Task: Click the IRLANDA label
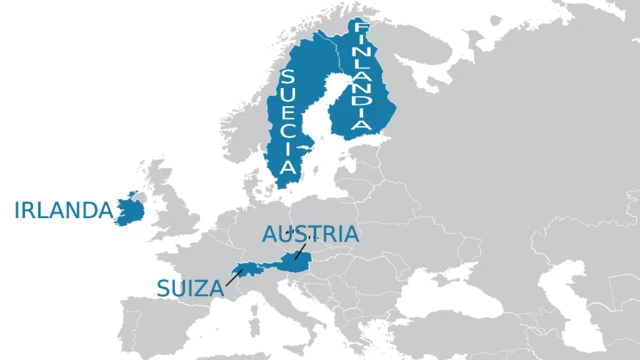tap(63, 210)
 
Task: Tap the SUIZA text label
tap(189, 288)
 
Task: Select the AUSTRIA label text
tap(310, 235)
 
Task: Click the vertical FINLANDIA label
tap(361, 75)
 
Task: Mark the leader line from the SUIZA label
tap(233, 277)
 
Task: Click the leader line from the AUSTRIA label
tap(299, 251)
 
